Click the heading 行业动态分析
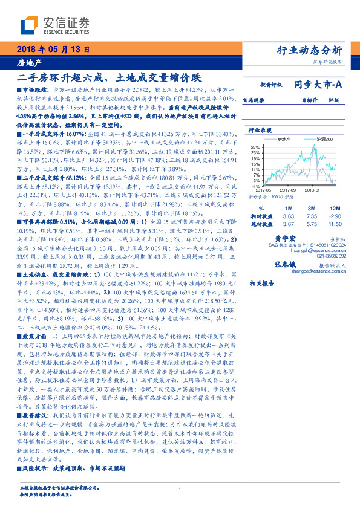[309, 50]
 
